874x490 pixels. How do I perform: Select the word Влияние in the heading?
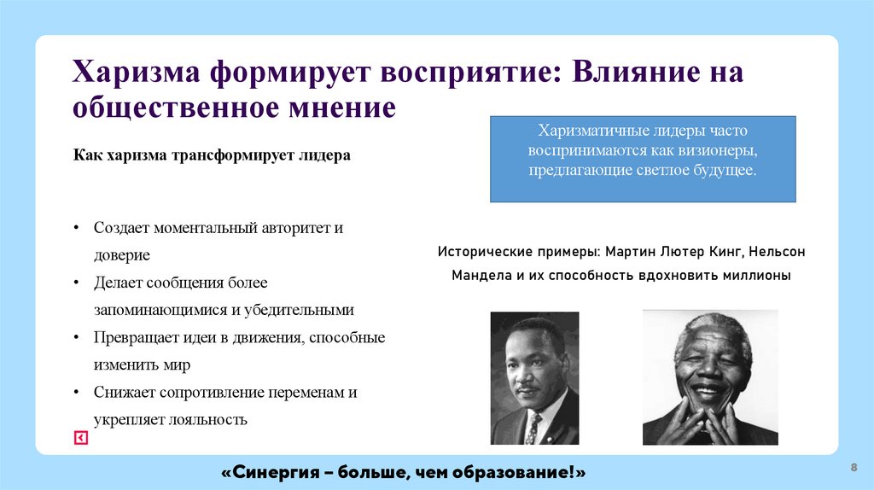[630, 72]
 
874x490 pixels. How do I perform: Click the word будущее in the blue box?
[722, 170]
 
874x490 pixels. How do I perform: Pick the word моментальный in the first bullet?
[202, 229]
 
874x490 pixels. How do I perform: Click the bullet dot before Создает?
[76, 230]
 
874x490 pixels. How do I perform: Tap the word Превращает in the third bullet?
[132, 337]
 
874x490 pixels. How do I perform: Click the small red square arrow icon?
[80, 438]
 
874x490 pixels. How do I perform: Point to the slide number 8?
[854, 467]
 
